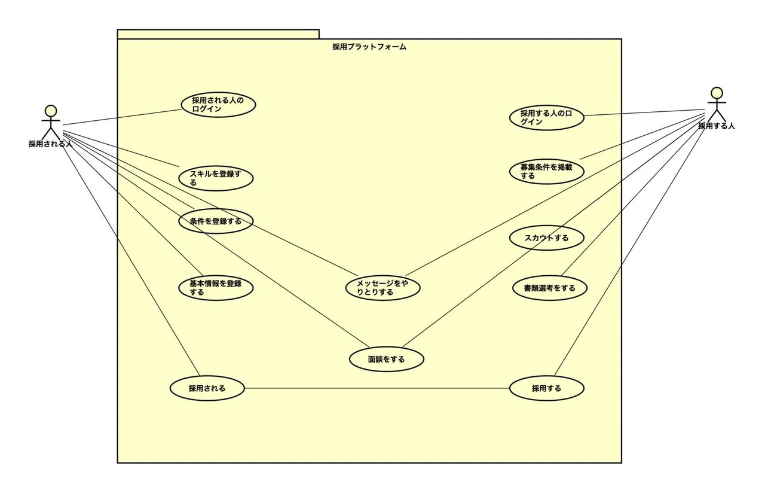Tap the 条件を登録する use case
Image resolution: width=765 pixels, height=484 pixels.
[x=216, y=221]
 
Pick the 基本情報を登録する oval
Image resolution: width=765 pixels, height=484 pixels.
[x=216, y=288]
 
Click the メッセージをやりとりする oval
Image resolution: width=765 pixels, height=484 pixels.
[x=382, y=288]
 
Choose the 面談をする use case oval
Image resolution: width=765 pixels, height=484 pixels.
[x=386, y=360]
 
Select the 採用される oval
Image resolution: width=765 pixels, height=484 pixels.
[x=207, y=388]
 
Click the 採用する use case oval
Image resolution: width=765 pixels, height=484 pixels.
[x=546, y=388]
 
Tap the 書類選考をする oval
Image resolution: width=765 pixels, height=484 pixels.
[x=550, y=288]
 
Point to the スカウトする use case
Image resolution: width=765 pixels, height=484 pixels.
[x=546, y=238]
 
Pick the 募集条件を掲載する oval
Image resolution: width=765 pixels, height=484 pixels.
[x=546, y=171]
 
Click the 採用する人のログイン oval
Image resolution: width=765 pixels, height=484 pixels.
[x=546, y=117]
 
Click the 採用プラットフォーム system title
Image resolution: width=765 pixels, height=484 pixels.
[x=369, y=47]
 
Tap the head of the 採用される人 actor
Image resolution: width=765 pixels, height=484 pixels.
[x=51, y=111]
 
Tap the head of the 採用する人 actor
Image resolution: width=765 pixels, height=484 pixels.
[x=716, y=93]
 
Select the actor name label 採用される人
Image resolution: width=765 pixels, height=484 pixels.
[x=50, y=144]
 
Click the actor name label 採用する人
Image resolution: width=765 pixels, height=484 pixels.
[x=716, y=126]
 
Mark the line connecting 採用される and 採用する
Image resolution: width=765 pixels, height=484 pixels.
[x=377, y=388]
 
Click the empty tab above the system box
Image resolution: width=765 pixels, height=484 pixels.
[x=218, y=34]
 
